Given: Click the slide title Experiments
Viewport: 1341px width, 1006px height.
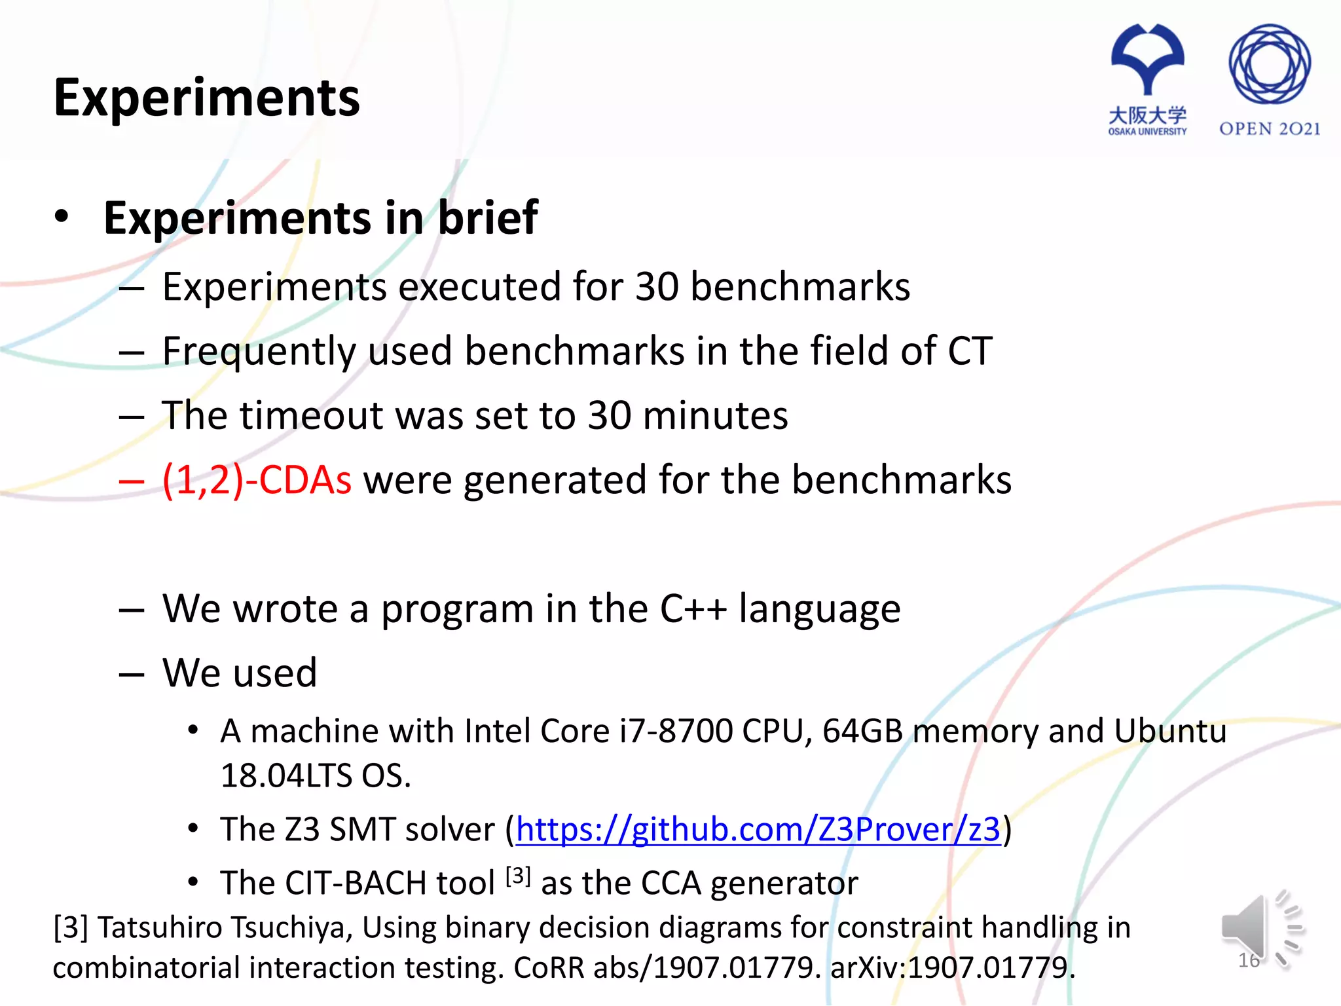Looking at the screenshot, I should click(x=206, y=98).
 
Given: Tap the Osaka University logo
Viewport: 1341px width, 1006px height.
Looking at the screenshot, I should click(x=1147, y=79).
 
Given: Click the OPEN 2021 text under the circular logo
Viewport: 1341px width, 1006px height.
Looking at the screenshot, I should click(x=1269, y=129).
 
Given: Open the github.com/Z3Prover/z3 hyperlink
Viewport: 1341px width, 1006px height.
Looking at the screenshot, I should click(x=758, y=830).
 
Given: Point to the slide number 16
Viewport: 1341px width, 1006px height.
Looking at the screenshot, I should click(x=1249, y=961).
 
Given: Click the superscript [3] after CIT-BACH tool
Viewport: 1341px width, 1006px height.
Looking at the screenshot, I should click(x=518, y=876).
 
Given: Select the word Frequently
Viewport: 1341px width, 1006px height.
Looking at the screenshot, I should click(x=259, y=352).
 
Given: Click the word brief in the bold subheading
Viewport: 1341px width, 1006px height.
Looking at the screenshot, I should click(x=488, y=218).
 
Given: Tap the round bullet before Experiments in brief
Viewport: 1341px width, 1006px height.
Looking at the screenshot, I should click(x=62, y=217).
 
